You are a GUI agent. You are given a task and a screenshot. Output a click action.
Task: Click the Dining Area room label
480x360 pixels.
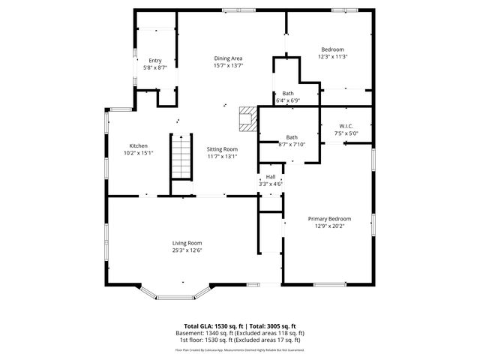228,58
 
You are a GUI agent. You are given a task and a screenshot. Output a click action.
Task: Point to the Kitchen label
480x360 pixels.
138,145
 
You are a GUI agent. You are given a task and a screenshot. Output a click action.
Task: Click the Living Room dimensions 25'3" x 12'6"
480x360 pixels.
187,250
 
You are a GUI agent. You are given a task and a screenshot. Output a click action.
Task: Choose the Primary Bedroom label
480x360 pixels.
329,219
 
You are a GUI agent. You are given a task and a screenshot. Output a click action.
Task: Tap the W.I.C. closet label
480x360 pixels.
346,126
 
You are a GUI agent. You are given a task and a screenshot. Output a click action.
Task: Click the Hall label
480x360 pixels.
270,177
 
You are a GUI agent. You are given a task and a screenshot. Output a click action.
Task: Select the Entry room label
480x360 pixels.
154,61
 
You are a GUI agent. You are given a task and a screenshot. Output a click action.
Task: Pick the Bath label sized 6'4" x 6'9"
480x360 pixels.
288,94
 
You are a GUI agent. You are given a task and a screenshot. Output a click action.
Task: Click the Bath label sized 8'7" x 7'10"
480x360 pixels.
291,137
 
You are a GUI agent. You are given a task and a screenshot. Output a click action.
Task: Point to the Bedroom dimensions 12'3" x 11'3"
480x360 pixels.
333,56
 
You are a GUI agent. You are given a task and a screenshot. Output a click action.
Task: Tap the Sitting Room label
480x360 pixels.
222,149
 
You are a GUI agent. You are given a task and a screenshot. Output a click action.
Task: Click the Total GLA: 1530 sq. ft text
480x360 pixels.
212,326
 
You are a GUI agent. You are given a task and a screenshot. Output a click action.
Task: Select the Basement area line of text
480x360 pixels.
240,333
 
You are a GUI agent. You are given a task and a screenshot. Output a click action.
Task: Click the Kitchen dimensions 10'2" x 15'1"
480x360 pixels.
138,152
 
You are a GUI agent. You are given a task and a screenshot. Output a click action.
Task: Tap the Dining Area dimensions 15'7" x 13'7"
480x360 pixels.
228,65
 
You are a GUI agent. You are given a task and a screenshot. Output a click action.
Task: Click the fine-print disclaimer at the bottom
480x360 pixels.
240,349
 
